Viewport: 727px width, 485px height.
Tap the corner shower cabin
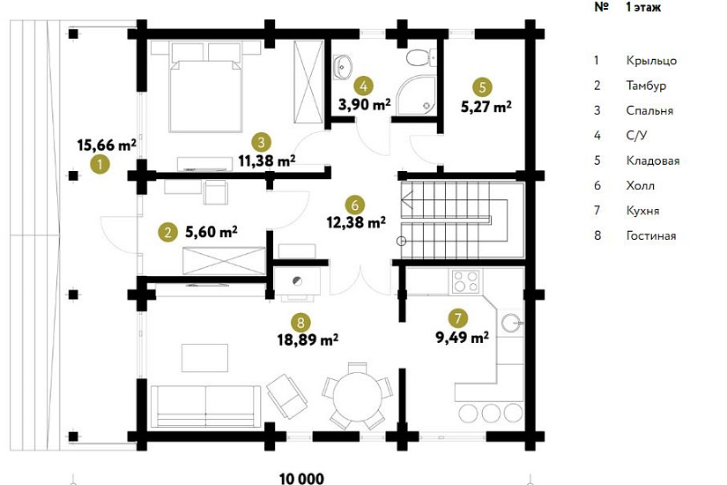click(417, 94)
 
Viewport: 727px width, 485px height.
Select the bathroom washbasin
click(342, 66)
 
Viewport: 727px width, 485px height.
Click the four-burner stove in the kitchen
click(466, 281)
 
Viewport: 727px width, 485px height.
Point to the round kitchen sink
click(512, 322)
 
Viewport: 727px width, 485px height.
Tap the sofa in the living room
click(203, 407)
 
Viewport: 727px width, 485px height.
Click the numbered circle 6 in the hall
click(355, 205)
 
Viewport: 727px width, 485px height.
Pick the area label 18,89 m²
click(308, 339)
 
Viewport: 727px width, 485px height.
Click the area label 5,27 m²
click(486, 107)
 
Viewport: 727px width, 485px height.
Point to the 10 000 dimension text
click(302, 478)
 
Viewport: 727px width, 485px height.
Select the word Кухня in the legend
click(642, 211)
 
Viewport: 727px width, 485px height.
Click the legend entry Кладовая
click(653, 161)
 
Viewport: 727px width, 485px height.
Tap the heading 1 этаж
click(643, 7)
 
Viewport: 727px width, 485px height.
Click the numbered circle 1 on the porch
click(100, 164)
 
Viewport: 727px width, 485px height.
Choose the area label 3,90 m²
click(365, 105)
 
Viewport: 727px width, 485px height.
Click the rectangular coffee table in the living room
click(204, 358)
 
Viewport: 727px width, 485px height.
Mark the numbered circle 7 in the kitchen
click(458, 318)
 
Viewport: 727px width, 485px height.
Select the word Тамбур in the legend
click(646, 86)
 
